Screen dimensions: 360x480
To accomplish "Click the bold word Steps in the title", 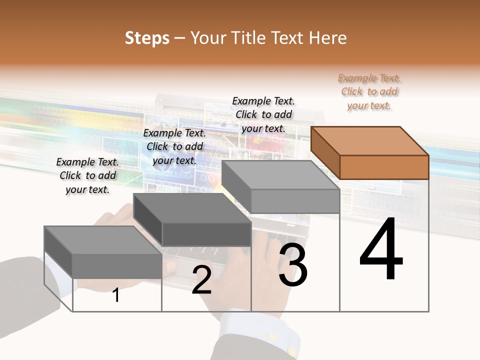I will pos(147,38).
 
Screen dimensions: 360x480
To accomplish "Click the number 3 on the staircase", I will pos(293,265).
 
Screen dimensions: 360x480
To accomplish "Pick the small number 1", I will pos(116,295).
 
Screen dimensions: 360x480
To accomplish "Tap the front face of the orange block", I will pos(384,167).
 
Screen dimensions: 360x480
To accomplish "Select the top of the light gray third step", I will pos(280,174).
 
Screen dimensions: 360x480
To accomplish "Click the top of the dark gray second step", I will pos(192,207).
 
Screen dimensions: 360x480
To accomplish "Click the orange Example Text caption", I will pos(369,91).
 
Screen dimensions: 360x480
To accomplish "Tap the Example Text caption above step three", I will pos(263,114).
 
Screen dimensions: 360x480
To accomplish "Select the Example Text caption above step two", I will pos(174,146).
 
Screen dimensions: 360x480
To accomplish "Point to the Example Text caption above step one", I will pos(87,175).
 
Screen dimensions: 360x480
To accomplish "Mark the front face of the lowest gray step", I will pos(117,265).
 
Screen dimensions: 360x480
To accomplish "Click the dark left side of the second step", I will pos(147,220).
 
